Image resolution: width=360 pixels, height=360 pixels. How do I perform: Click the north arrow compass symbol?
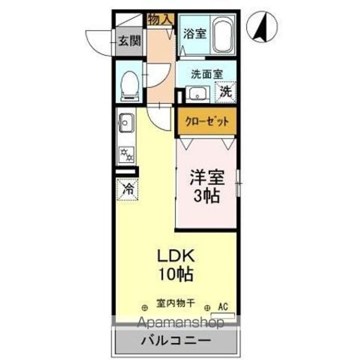[265, 27]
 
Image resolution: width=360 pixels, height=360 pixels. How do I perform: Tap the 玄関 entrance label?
[128, 40]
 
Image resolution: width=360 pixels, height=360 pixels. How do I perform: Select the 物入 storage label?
[160, 19]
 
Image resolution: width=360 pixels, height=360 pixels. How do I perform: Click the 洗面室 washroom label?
[206, 74]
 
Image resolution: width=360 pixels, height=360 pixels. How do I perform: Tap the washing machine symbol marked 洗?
[226, 92]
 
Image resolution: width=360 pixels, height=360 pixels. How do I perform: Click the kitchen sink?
[125, 121]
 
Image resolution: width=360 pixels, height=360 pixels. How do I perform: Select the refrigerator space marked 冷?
[128, 189]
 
